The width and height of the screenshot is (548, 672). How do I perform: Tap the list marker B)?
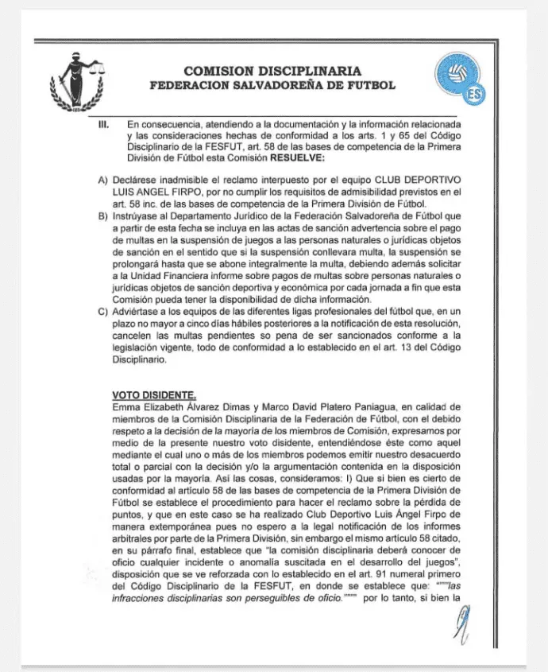pyautogui.click(x=103, y=216)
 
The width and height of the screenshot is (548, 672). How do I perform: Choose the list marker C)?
pyautogui.click(x=103, y=311)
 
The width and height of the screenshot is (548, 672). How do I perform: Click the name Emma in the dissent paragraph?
pyautogui.click(x=126, y=408)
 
